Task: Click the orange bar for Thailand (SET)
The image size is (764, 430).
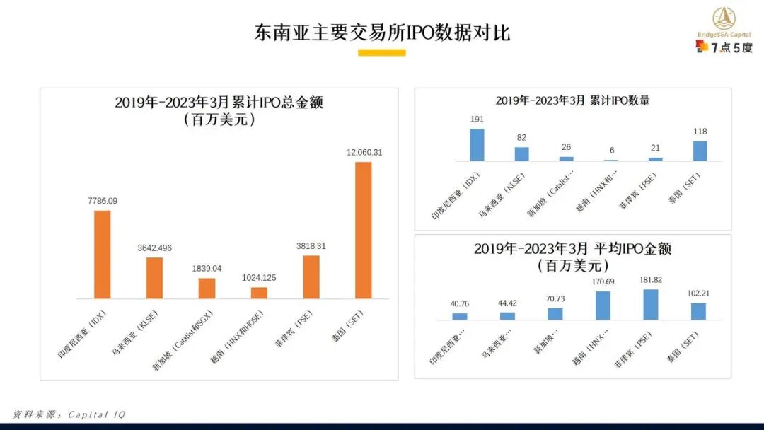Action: pos(363,230)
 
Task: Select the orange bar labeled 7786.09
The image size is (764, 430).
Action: pos(103,254)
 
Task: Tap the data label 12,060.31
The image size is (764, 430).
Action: pos(364,153)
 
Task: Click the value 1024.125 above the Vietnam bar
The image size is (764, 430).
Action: pos(259,278)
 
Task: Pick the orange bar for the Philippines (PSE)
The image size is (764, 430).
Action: pos(311,277)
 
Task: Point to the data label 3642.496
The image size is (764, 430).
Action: pos(154,248)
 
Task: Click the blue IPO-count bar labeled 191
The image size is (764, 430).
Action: pos(477,144)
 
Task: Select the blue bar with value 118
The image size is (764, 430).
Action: pos(700,151)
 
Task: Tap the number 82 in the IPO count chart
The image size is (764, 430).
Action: pos(521,138)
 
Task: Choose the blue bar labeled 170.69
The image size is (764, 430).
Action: pos(603,306)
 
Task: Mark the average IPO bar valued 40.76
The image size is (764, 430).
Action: pos(460,316)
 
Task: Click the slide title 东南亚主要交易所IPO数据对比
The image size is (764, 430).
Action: pos(382,33)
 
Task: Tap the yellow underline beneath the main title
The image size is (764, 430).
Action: pos(382,52)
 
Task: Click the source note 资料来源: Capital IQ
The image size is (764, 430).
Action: pos(69,414)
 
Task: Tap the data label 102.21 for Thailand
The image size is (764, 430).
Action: pos(698,294)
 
